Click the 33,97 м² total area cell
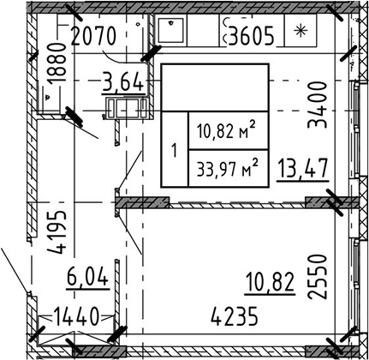click(226, 166)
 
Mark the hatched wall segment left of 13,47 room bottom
click(140, 203)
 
